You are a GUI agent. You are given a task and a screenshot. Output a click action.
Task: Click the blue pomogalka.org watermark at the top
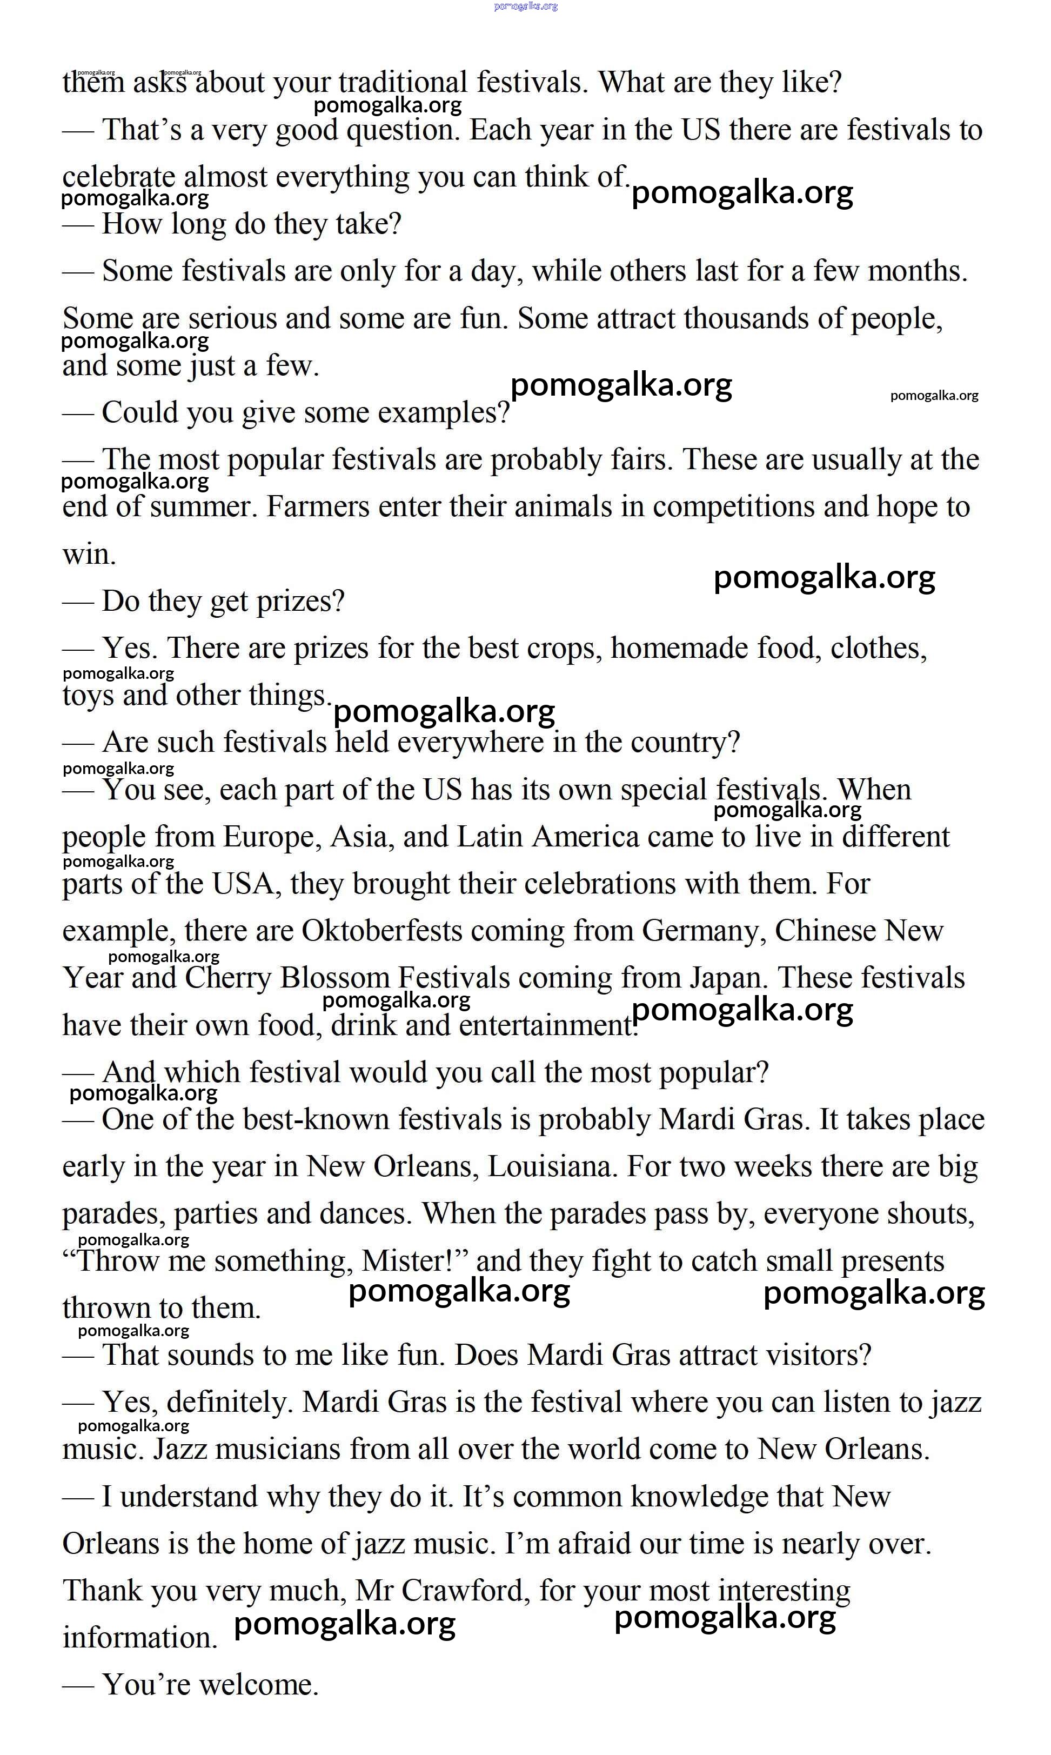525,6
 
